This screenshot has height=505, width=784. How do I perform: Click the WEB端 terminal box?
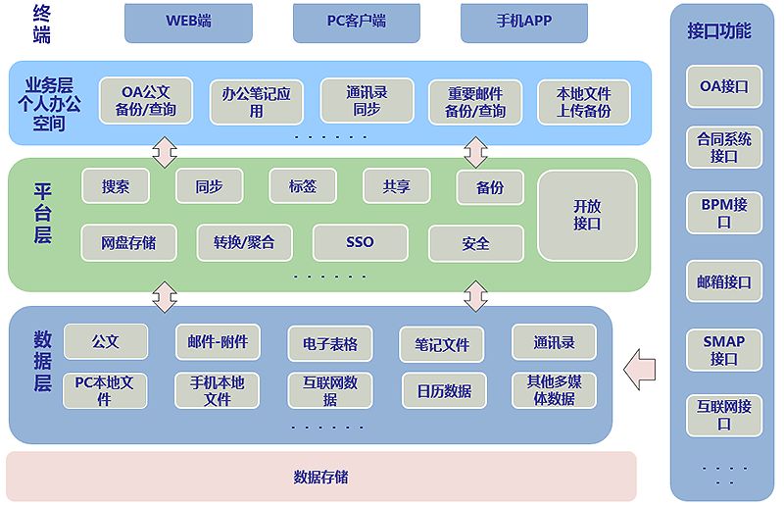click(188, 22)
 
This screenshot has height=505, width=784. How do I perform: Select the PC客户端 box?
click(357, 22)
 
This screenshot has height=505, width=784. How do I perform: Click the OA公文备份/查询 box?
click(146, 102)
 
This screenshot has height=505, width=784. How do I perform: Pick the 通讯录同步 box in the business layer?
click(367, 101)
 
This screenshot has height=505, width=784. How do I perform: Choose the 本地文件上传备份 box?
click(583, 102)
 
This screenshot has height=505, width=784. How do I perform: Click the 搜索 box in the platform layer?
click(116, 186)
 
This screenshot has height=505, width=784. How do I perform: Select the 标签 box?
click(302, 186)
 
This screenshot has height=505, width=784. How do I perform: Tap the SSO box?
click(360, 242)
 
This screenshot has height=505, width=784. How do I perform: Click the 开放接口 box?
click(587, 215)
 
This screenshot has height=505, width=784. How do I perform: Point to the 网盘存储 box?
click(128, 242)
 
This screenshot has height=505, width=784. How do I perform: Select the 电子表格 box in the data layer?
click(330, 344)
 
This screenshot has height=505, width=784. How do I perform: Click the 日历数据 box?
click(444, 390)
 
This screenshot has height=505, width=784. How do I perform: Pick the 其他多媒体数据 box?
click(554, 390)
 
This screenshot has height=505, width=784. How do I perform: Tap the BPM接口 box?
click(724, 214)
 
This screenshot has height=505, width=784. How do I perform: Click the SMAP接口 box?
click(724, 350)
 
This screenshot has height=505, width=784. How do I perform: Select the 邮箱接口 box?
click(724, 282)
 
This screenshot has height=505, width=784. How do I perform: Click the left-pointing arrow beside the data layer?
click(640, 368)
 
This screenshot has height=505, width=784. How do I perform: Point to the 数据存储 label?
click(320, 478)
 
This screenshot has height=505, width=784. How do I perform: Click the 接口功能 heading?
click(719, 31)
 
